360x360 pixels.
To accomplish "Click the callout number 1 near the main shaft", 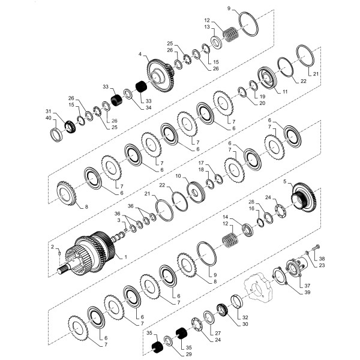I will coord(125,257).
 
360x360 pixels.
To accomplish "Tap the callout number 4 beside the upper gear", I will coord(140,55).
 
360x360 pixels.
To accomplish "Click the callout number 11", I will coord(286,91).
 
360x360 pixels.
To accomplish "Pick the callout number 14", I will coord(225,217).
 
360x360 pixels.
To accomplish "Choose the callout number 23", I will coord(322,265).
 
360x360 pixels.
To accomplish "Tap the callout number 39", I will coord(307,292).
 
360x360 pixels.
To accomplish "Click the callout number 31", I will coord(49,111).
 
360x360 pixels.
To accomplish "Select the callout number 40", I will coord(49,118).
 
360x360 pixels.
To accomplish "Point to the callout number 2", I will coord(52,246).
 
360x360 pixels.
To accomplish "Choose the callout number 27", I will coord(218,332).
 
